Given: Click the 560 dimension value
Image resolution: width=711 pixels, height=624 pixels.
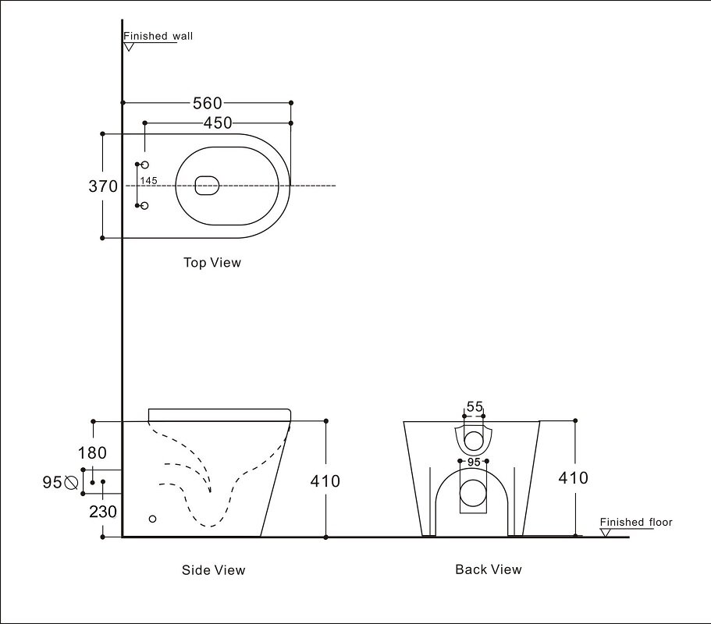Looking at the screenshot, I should point(208,103).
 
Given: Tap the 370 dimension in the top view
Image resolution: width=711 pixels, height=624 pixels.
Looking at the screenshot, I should point(103,186).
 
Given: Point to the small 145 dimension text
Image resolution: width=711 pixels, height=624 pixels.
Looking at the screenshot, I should point(148,181).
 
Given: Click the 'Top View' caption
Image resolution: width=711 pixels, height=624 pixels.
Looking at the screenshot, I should point(212,263).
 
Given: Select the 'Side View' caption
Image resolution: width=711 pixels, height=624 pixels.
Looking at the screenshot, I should point(213,570).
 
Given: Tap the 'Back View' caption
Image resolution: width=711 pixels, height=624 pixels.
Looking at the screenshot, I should point(489,569).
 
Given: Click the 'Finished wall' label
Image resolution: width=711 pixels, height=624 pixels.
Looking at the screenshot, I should point(158,36).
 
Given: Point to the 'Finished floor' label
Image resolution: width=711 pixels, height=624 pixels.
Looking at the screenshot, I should point(635,523).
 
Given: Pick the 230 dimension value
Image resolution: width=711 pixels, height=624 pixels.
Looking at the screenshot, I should point(103,512).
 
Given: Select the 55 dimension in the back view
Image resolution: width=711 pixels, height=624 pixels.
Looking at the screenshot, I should point(475,406).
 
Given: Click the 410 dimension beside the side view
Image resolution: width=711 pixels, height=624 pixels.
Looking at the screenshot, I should point(325,481).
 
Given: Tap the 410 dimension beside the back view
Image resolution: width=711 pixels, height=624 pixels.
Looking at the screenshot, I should point(574,478).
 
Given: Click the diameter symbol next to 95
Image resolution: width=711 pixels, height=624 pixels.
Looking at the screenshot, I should point(71,483).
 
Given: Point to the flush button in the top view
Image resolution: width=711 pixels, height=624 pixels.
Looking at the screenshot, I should point(207,186).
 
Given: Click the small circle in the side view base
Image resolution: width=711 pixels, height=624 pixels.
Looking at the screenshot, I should point(152,518).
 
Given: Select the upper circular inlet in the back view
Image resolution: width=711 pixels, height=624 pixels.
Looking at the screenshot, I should point(474,441).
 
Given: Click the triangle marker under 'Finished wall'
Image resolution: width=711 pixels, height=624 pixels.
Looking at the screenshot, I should point(129,47).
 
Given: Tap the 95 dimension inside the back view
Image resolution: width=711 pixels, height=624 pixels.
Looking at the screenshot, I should point(474,463).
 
